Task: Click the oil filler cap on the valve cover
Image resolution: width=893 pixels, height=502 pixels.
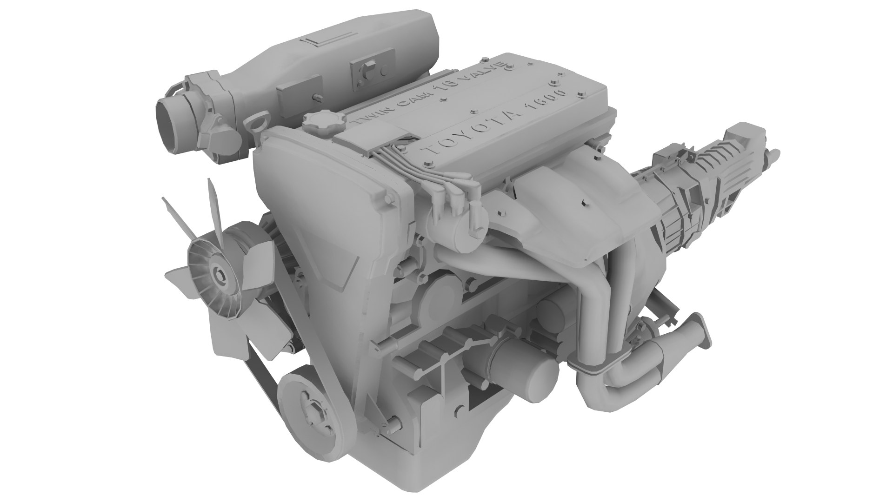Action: (319, 124)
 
